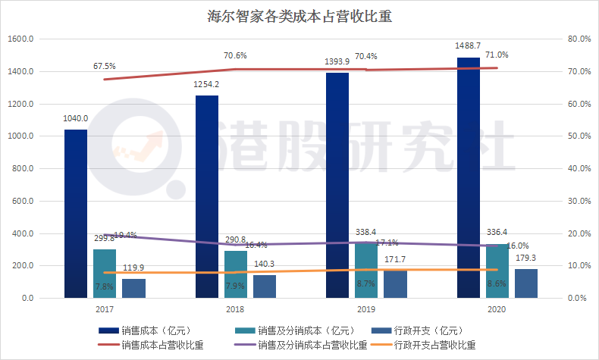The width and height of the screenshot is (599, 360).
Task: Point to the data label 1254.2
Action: click(x=206, y=84)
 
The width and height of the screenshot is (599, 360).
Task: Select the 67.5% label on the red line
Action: click(x=104, y=66)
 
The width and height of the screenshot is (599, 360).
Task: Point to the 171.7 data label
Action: click(x=396, y=260)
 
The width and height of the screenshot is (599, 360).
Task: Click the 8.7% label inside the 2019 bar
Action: click(x=365, y=283)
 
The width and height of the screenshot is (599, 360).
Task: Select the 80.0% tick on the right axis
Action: click(x=579, y=39)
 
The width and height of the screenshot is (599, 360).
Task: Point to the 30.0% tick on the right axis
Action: click(x=579, y=202)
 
